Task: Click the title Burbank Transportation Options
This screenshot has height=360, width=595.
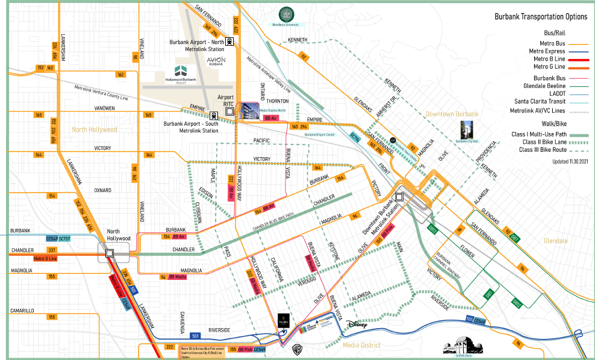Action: (541, 17)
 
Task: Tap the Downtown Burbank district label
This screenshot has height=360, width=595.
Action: (451, 114)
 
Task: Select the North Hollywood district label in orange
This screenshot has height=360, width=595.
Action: (94, 129)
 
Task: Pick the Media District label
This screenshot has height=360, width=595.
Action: (361, 345)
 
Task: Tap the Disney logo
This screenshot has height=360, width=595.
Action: (356, 324)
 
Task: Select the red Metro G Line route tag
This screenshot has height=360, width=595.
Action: (45, 258)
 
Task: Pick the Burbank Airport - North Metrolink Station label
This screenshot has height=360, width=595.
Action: (197, 45)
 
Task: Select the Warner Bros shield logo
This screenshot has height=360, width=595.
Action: (296, 347)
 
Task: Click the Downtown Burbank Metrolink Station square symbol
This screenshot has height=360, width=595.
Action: (399, 197)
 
